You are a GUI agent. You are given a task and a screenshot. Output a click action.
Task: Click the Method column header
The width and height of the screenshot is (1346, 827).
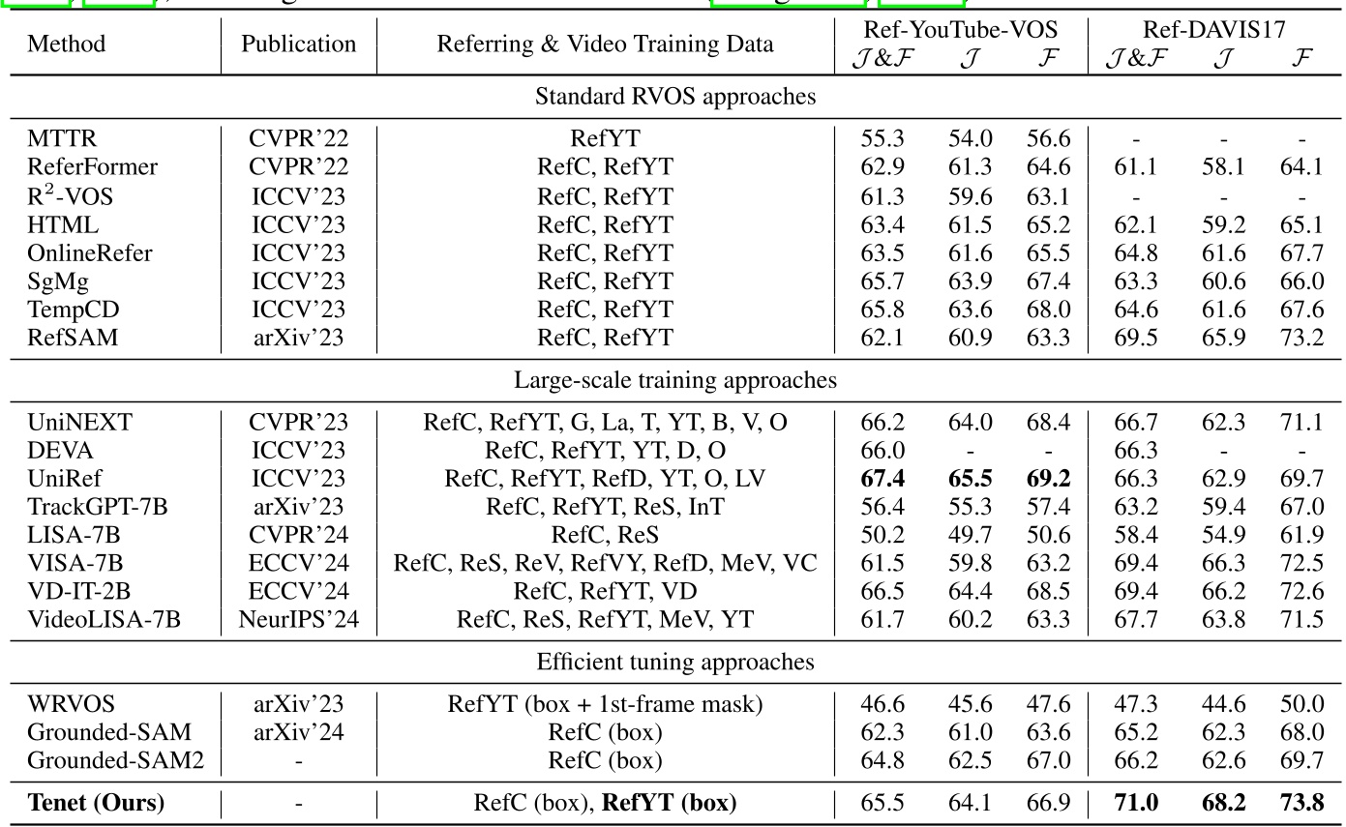[66, 44]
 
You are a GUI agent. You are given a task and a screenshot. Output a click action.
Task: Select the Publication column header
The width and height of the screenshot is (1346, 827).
[299, 44]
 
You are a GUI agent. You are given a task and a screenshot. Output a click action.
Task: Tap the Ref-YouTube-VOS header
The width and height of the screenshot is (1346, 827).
[961, 30]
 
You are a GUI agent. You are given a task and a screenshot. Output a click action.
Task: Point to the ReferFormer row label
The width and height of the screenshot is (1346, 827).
[92, 166]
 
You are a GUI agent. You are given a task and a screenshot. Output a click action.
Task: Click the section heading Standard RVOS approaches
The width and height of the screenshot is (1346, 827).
[674, 97]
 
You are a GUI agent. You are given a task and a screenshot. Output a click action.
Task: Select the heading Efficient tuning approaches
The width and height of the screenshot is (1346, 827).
[674, 663]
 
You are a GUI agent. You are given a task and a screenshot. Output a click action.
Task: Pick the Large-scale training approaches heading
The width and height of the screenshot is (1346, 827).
[674, 380]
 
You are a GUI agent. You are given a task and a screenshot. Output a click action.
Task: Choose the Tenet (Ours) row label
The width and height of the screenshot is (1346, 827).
[96, 802]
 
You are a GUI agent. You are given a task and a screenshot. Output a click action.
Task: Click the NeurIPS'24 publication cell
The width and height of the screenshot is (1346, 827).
[299, 618]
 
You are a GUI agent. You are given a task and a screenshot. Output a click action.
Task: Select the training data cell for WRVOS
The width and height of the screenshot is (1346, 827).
[605, 704]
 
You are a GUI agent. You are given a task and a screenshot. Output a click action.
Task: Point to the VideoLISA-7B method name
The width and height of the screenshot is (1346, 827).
[104, 618]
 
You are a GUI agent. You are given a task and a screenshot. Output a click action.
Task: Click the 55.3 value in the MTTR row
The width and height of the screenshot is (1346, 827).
[882, 139]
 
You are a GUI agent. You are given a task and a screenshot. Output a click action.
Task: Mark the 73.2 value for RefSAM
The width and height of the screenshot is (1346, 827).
[1301, 337]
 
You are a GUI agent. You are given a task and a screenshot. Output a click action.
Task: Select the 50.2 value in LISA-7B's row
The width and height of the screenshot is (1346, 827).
[882, 535]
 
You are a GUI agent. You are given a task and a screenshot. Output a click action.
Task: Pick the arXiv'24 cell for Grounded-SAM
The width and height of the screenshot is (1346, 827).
[299, 732]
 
